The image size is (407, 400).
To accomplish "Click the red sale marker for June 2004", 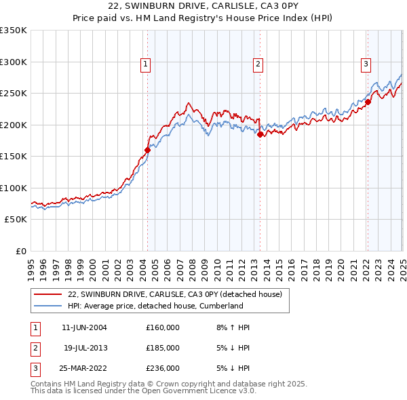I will [x=147, y=150].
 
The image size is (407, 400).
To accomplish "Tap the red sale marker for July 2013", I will [x=260, y=134].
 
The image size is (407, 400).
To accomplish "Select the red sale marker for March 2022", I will [x=368, y=102].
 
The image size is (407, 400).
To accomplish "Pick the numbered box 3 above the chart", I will [x=366, y=64].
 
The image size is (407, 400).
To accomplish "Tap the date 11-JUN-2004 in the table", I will [x=84, y=327].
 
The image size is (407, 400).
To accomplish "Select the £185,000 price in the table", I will [x=163, y=348].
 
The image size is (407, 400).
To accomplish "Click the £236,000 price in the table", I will [x=163, y=368].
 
